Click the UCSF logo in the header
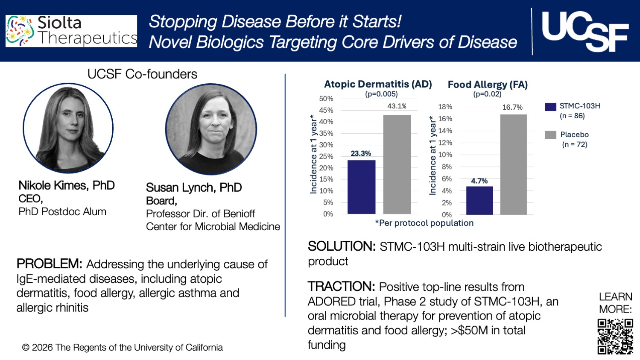(x=585, y=31)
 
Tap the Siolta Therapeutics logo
(x=71, y=31)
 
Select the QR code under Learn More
(x=615, y=337)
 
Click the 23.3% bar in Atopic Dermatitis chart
(x=361, y=187)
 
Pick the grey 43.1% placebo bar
(x=397, y=164)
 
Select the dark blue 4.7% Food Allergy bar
(x=479, y=200)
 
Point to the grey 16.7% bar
(x=514, y=164)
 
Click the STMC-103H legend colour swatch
(x=550, y=107)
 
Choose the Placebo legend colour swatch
(x=550, y=135)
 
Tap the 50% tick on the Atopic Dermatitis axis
(x=326, y=99)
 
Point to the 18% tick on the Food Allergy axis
(x=445, y=107)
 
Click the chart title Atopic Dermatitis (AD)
(x=378, y=84)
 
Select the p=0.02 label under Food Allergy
(x=487, y=94)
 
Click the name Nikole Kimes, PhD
(x=67, y=185)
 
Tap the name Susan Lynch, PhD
(x=194, y=187)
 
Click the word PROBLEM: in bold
(x=49, y=264)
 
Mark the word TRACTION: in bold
(x=341, y=287)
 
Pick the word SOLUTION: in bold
(x=342, y=246)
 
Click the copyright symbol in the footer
(x=26, y=348)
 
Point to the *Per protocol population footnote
(x=424, y=223)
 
